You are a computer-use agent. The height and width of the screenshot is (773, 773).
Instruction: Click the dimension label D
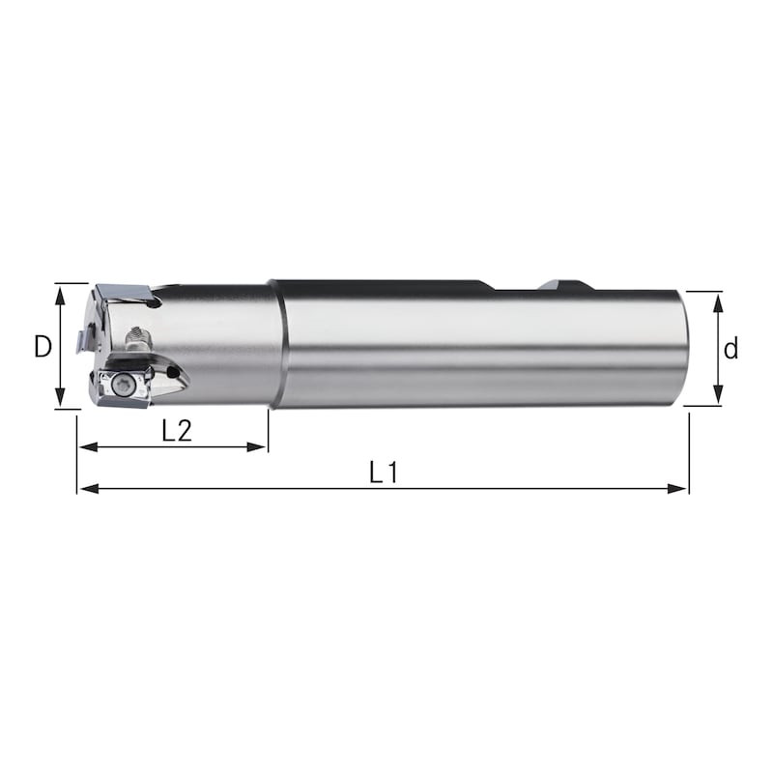[x=42, y=346]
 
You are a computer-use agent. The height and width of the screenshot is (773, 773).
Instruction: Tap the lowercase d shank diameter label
[x=731, y=349]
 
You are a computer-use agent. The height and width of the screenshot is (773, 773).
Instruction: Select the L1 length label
[x=384, y=472]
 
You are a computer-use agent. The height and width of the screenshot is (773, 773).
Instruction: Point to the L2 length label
[x=176, y=431]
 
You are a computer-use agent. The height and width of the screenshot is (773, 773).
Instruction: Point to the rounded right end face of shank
[x=683, y=346]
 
